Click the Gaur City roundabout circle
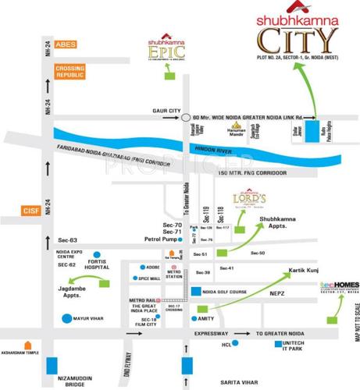(x=187, y=118)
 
